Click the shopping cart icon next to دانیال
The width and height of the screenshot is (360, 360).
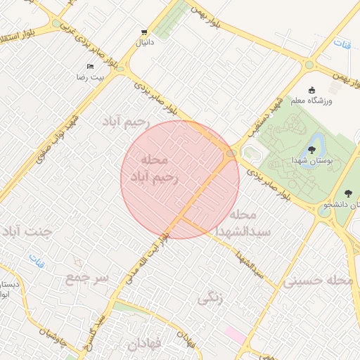tap(144, 32)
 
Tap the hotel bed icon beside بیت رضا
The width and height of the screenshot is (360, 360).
tap(90, 66)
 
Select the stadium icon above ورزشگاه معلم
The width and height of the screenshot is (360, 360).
tap(313, 89)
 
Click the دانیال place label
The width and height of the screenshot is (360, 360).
tap(144, 43)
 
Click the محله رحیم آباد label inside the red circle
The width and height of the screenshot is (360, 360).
tap(160, 169)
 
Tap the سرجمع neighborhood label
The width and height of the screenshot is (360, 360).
tap(87, 278)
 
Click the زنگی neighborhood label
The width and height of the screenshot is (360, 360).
tap(210, 299)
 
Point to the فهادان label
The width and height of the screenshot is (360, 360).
tap(144, 345)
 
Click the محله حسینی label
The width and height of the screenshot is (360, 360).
tap(319, 281)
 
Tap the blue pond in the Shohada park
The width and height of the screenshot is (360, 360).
tap(316, 141)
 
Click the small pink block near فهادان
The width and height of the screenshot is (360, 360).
tap(236, 335)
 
